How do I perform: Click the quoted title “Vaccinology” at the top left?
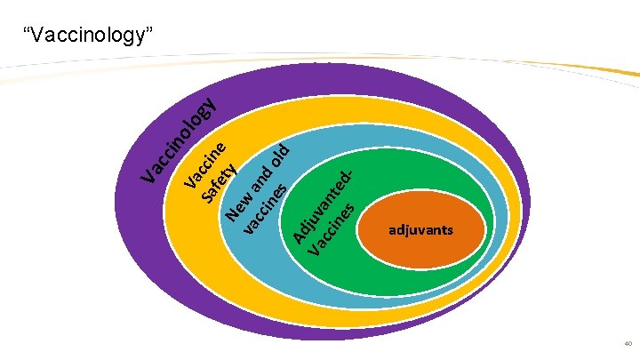[89, 36]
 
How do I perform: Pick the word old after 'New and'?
[281, 156]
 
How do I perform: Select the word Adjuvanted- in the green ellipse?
[325, 201]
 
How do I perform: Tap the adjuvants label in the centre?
[420, 230]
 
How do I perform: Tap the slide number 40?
[628, 344]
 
